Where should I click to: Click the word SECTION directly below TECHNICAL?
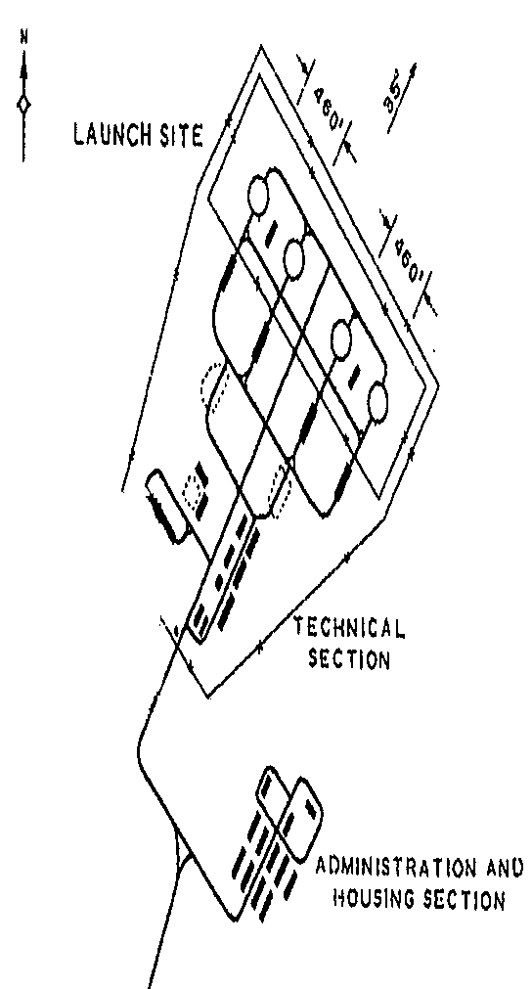click(348, 659)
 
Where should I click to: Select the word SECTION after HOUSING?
click(464, 898)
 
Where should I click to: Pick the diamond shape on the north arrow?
click(23, 104)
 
